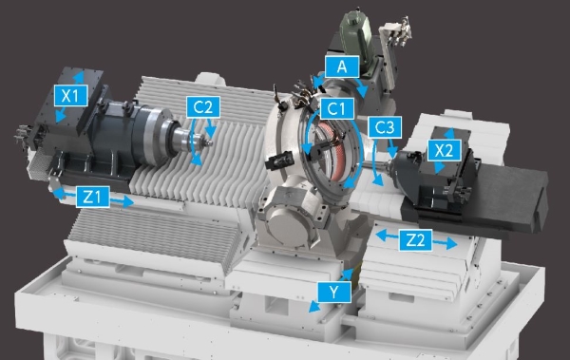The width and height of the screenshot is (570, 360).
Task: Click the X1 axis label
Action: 70,96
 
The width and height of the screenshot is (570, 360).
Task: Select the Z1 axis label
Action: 93,197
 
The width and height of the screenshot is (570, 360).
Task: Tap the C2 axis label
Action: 203,107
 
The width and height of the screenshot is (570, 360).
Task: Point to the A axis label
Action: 342,66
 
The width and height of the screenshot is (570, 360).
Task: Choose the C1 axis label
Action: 337,108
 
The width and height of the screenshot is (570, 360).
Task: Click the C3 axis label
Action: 385,127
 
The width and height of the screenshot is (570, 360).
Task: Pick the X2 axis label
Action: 445,150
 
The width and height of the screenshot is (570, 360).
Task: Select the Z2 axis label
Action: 415,240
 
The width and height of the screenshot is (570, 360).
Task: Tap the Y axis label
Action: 334,292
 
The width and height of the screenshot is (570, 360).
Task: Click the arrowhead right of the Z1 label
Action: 128,201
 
